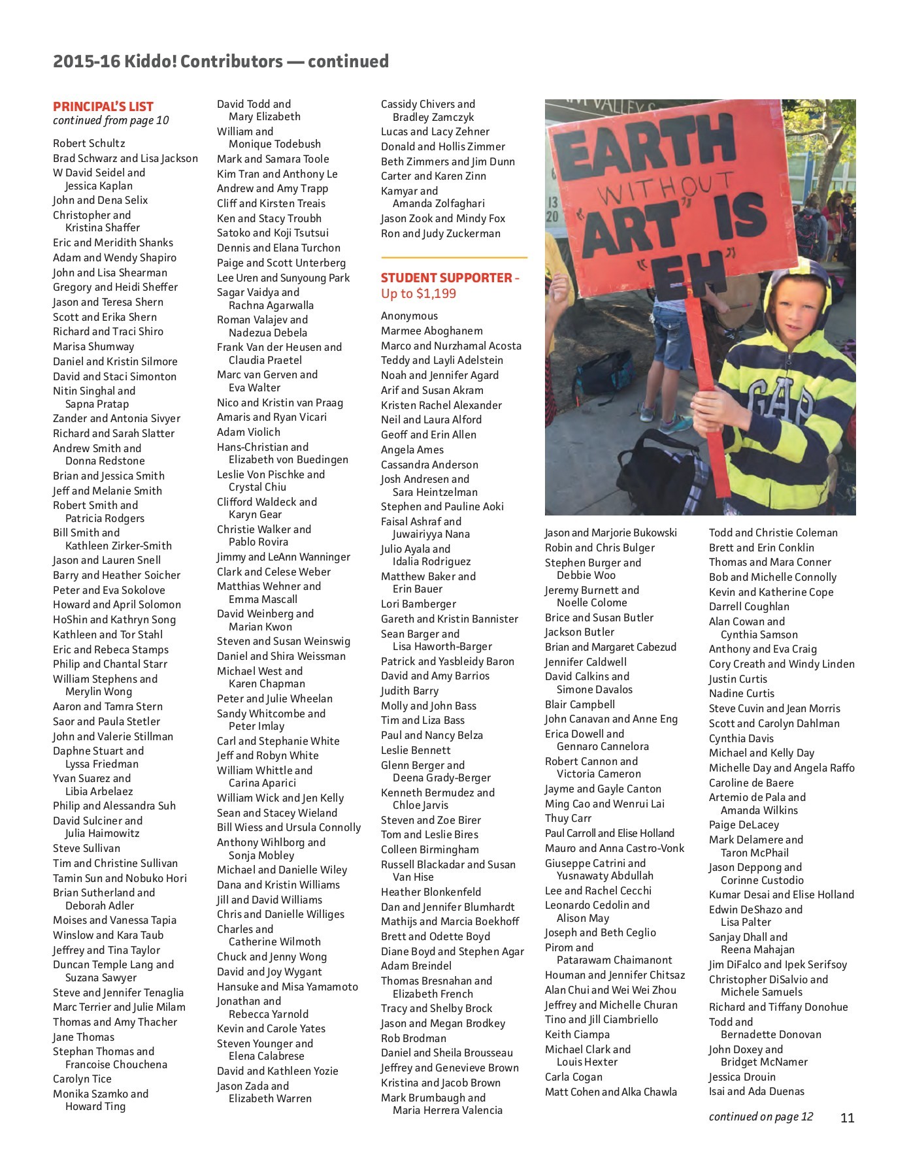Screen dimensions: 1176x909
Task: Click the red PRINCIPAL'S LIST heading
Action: point(103,106)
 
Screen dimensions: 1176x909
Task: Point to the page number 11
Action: point(847,1118)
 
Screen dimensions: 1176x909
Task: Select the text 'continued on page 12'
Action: point(761,1117)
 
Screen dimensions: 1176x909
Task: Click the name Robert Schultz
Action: point(89,143)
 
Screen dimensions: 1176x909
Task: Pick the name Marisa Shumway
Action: point(93,347)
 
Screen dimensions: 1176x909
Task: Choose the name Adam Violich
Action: point(248,432)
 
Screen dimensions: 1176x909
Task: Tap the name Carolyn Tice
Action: point(82,1079)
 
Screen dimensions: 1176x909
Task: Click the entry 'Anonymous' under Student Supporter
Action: point(409,316)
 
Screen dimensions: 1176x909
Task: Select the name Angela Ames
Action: point(412,449)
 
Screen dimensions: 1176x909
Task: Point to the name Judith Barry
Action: point(410,691)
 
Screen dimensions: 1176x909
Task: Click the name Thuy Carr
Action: point(568,819)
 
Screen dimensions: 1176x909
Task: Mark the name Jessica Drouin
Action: point(742,1077)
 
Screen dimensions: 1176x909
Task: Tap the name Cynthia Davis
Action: point(741,738)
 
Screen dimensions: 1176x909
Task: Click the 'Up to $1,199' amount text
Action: point(418,294)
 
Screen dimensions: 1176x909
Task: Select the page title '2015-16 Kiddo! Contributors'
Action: point(168,61)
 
